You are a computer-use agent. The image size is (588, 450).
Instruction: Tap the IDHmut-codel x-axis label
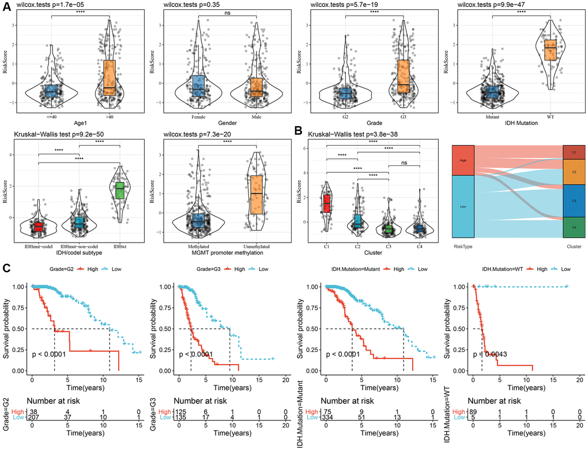pyautogui.click(x=38, y=246)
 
